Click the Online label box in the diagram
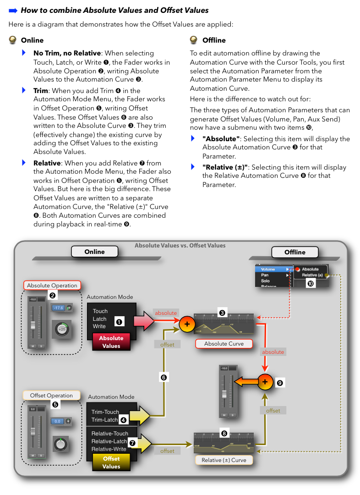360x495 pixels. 94,252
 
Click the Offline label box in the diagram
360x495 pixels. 295,252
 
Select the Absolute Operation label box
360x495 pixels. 52,286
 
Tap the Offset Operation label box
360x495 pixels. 51,396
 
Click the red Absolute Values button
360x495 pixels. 111,342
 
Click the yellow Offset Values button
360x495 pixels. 111,462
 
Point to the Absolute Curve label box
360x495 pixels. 224,343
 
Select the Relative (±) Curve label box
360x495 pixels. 224,460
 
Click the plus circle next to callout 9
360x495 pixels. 265,382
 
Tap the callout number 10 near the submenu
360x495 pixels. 311,284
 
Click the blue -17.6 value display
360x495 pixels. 58,308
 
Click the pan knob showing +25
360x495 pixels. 61,329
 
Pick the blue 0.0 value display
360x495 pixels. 57,421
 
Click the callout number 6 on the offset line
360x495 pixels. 164,377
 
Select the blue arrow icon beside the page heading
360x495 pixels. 13,10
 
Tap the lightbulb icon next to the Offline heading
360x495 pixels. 194,40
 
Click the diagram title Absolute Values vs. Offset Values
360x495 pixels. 180,246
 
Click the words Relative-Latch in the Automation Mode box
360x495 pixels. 110,441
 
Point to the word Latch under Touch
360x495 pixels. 99,319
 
